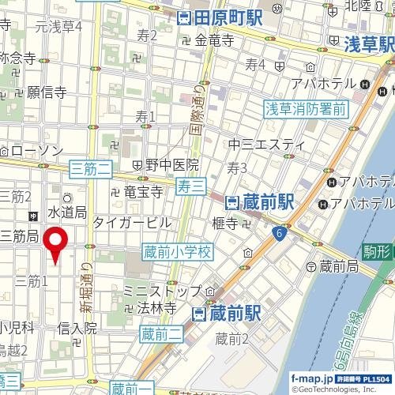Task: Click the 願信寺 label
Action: tap(47, 92)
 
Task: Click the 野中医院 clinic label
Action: tap(171, 165)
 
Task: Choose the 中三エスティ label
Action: tap(266, 144)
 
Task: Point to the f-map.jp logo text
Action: tap(314, 379)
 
